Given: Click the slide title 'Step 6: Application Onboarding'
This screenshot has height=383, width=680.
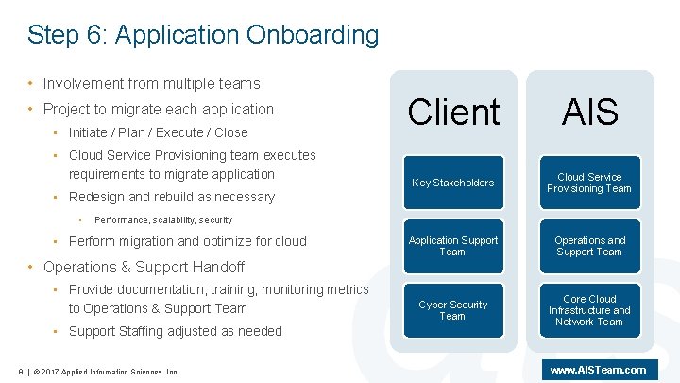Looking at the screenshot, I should click(203, 36).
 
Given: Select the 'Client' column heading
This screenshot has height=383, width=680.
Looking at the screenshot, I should click(453, 113).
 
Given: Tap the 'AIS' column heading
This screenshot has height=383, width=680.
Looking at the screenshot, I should click(589, 113).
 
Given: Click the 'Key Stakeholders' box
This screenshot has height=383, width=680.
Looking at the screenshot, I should click(452, 183).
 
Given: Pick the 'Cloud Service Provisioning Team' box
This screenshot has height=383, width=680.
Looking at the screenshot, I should click(589, 183).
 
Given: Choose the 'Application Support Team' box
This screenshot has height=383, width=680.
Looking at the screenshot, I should click(452, 246).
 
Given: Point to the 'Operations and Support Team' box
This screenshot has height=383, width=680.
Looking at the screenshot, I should click(589, 246).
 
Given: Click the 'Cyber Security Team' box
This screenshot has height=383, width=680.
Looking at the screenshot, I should click(452, 310).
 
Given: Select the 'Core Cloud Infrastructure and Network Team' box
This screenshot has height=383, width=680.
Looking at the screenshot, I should click(589, 310).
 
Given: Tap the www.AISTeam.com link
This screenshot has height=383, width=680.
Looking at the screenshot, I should click(598, 370).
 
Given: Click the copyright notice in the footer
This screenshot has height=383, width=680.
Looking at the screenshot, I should click(104, 371).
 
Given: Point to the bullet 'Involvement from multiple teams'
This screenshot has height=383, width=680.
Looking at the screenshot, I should click(151, 84).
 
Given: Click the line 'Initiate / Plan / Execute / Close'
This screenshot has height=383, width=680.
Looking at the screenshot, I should click(158, 132).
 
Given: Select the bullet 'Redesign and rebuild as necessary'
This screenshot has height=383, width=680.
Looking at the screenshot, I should click(171, 197).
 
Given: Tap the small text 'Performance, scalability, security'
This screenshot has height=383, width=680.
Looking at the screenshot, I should click(163, 219).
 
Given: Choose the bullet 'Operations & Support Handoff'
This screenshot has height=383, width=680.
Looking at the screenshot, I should click(144, 267).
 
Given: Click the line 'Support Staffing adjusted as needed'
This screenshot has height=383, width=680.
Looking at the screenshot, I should click(175, 331).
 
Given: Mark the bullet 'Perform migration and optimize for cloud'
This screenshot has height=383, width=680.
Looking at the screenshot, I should click(187, 241).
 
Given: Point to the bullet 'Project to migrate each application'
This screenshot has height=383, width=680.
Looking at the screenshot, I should click(158, 109).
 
